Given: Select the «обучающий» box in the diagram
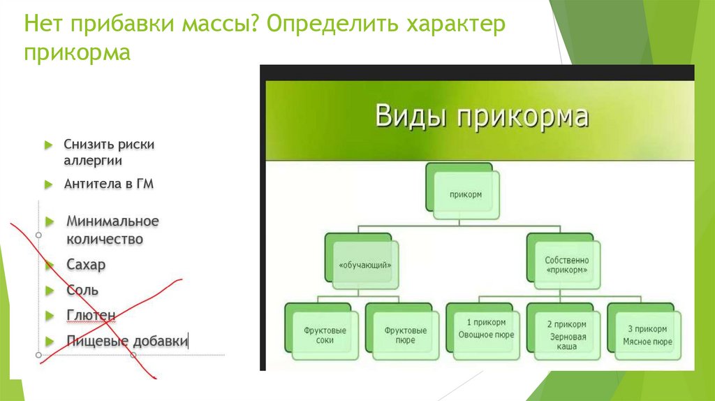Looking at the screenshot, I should (x=363, y=265).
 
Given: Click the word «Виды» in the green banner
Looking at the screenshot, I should (x=411, y=115).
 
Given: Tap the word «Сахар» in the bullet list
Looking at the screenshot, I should (x=86, y=265).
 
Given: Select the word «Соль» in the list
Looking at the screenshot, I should (x=82, y=290).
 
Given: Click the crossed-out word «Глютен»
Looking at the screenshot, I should (x=91, y=315).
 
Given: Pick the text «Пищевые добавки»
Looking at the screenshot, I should (x=126, y=341).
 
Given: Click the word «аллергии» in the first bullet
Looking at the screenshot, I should (x=93, y=161).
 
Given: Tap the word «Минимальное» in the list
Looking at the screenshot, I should (x=112, y=221).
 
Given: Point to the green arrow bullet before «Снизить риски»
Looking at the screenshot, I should (x=49, y=145).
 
